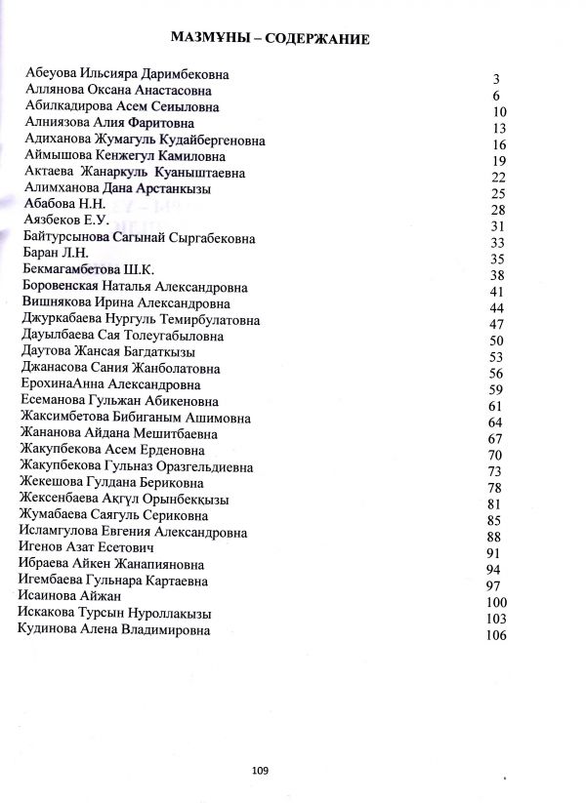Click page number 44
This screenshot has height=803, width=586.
pyautogui.click(x=496, y=309)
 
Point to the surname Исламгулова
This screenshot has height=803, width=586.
pyautogui.click(x=63, y=532)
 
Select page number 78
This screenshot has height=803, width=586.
pyautogui.click(x=494, y=487)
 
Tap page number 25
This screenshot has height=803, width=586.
pyautogui.click(x=497, y=194)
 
